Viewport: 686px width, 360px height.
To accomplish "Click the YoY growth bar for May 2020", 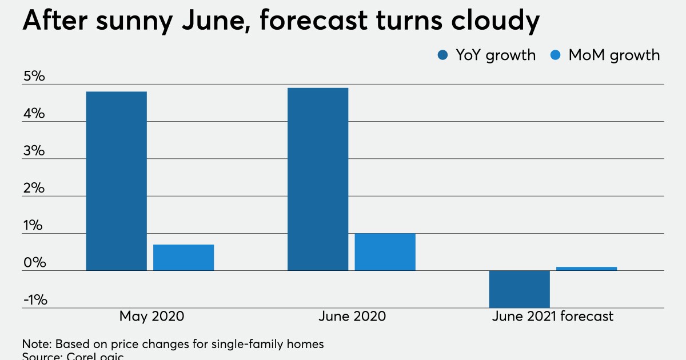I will pyautogui.click(x=116, y=181).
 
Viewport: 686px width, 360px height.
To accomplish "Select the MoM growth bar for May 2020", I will pyautogui.click(x=184, y=258).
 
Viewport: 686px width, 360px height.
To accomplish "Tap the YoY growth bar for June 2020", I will pyautogui.click(x=317, y=179).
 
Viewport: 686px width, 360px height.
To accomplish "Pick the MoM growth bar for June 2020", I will pyautogui.click(x=385, y=252).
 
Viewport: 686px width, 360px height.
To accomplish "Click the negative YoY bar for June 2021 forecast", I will pyautogui.click(x=519, y=289).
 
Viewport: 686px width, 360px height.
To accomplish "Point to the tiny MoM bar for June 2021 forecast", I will pyautogui.click(x=587, y=269).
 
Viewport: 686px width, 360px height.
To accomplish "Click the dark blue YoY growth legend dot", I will pyautogui.click(x=443, y=55).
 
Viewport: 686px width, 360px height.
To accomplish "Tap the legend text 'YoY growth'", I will pyautogui.click(x=495, y=55).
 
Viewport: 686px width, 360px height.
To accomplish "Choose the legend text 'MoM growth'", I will pyautogui.click(x=614, y=55).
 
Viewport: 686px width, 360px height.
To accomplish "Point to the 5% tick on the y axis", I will pyautogui.click(x=34, y=77).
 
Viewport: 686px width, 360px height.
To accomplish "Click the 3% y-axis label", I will pyautogui.click(x=34, y=151).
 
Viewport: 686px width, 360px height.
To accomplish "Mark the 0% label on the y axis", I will pyautogui.click(x=34, y=263).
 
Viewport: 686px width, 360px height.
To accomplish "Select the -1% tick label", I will pyautogui.click(x=35, y=301).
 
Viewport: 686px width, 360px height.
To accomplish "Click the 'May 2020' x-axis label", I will pyautogui.click(x=152, y=317).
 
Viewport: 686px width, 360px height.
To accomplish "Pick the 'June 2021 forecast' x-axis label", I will pyautogui.click(x=552, y=317).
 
